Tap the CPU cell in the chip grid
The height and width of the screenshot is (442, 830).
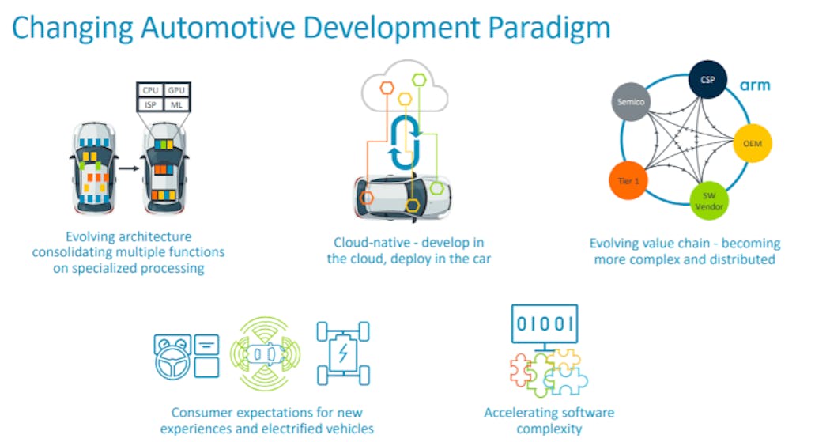click(x=150, y=90)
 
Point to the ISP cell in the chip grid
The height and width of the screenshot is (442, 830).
click(x=150, y=104)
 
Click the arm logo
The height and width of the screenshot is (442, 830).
click(x=756, y=85)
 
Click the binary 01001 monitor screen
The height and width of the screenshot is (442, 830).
click(x=545, y=324)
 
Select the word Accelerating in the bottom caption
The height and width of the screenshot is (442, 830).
click(x=521, y=413)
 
